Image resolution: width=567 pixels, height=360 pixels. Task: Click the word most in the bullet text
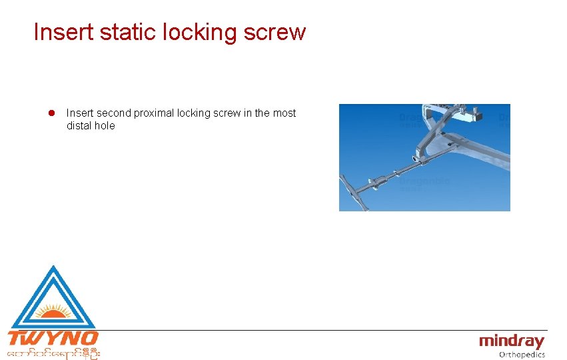pyautogui.click(x=284, y=113)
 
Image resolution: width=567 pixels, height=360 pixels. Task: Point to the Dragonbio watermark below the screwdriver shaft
pyautogui.click(x=424, y=181)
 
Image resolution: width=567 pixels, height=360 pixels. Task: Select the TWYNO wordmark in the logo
pyautogui.click(x=53, y=338)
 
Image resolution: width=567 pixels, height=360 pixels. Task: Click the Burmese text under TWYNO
pyautogui.click(x=53, y=353)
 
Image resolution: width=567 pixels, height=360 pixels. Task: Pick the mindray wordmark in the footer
pyautogui.click(x=512, y=342)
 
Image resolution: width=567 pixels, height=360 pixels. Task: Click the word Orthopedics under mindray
pyautogui.click(x=522, y=355)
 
